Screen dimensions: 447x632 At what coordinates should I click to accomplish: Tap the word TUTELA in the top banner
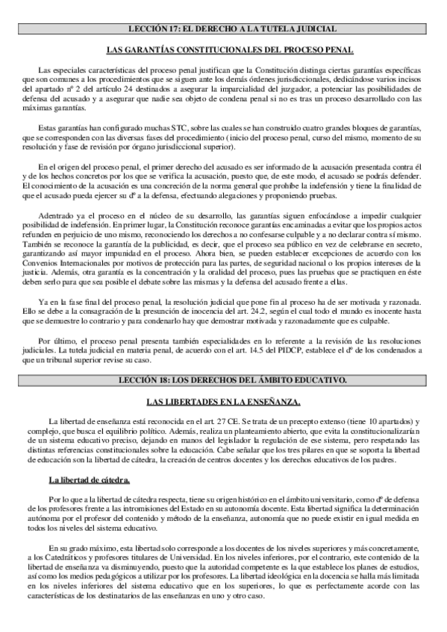(280, 28)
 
